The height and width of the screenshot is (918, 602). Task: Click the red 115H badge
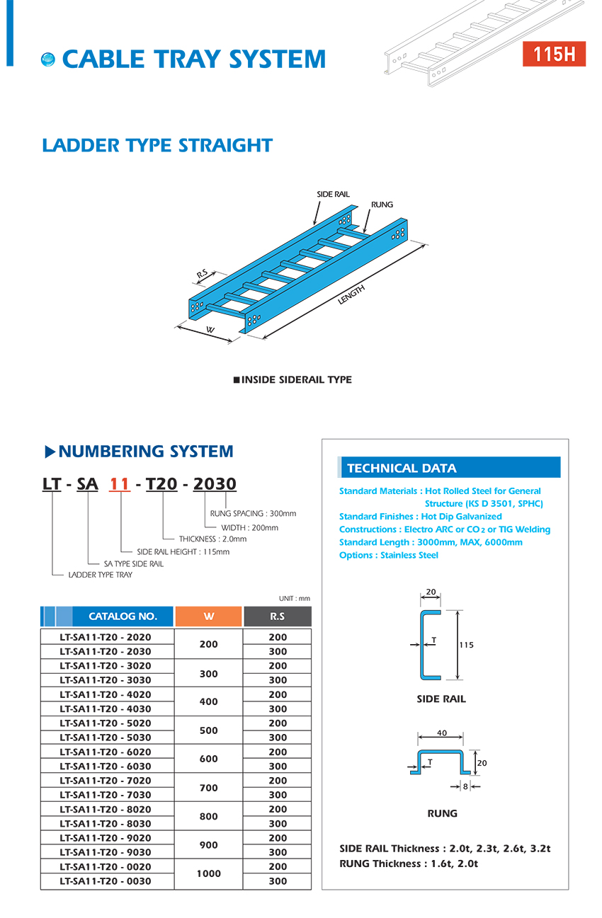tap(554, 54)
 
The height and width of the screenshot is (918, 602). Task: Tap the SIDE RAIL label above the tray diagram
tap(333, 194)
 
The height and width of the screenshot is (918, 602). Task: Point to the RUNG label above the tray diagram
tap(382, 205)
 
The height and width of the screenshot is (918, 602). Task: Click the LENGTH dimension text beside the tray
tap(351, 294)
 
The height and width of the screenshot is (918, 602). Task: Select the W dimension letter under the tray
tap(210, 330)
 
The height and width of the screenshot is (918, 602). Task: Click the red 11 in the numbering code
tap(120, 483)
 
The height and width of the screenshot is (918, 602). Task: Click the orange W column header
tap(208, 616)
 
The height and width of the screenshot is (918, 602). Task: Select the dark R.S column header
tap(277, 616)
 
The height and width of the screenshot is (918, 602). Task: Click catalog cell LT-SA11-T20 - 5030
tap(106, 738)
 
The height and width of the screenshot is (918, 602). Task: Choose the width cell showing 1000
tap(208, 873)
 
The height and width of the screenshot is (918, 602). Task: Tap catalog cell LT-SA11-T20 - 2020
tap(106, 637)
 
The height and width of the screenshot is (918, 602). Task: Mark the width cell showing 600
tap(208, 759)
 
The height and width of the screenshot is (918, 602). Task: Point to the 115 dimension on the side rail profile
tap(466, 645)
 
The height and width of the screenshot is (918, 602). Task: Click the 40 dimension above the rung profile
tap(441, 733)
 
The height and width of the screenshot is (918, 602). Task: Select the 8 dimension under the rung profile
tap(465, 786)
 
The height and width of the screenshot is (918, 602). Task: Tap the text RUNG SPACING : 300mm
tap(254, 514)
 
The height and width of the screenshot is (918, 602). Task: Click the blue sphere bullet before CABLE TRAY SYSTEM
tap(48, 59)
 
